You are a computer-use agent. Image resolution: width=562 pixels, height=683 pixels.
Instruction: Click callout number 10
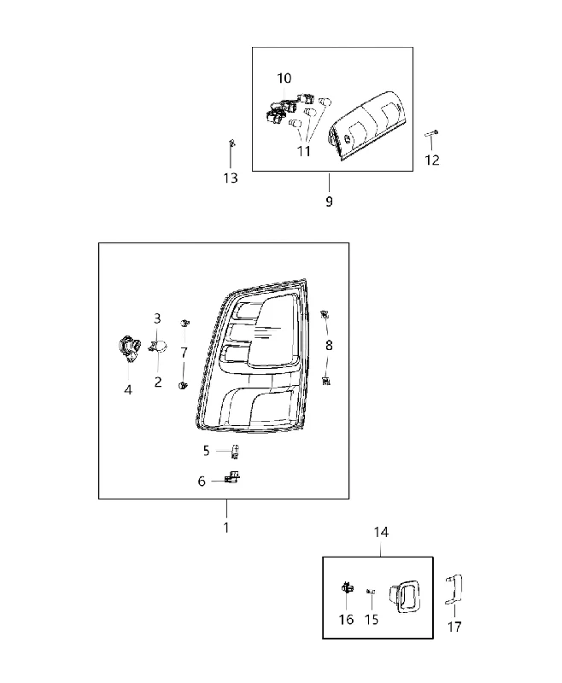[x=284, y=79]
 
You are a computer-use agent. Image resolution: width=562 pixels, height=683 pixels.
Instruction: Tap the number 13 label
[x=231, y=178]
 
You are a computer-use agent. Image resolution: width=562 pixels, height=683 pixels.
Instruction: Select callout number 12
[x=431, y=161]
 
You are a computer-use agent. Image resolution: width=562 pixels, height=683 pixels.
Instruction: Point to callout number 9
[x=329, y=201]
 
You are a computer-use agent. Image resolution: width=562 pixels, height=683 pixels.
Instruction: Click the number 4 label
[x=127, y=390]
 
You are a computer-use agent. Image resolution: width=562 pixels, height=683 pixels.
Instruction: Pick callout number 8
[x=329, y=346]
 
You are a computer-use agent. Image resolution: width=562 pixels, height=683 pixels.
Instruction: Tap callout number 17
[x=454, y=627]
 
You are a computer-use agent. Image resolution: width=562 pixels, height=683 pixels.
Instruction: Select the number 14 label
[x=381, y=532]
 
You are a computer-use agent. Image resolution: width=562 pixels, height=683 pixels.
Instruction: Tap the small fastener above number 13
[x=231, y=143]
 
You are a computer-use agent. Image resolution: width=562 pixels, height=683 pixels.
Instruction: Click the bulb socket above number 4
[x=129, y=348]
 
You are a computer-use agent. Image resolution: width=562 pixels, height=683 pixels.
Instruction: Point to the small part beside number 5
[x=235, y=452]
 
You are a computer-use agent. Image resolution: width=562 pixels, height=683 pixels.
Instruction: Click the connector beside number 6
[x=232, y=477]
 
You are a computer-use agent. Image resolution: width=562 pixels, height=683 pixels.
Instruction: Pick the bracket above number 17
[x=454, y=589]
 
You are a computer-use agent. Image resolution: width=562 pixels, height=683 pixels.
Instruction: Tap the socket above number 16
[x=347, y=587]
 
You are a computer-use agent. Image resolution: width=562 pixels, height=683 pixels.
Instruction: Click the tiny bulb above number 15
[x=371, y=591]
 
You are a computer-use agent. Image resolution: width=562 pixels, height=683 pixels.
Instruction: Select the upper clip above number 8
[x=325, y=314]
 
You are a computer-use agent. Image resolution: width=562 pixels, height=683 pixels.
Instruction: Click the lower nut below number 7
[x=183, y=385]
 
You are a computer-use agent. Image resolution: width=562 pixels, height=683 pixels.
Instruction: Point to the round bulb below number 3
[x=160, y=346]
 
